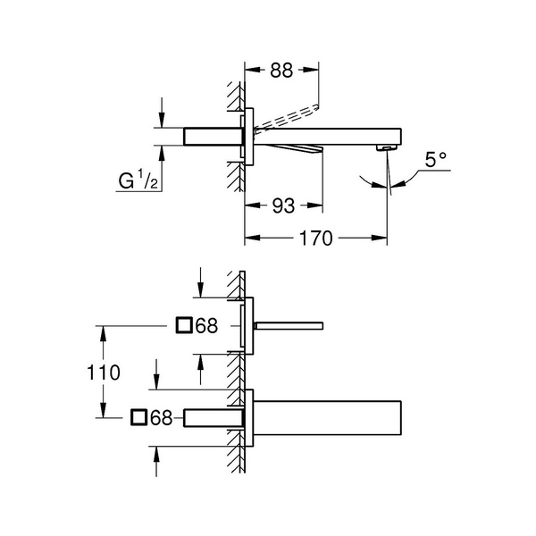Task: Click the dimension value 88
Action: [x=281, y=71]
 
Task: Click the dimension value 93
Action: [x=283, y=205]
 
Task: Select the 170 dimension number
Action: [x=316, y=239]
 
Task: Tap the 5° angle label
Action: [x=436, y=160]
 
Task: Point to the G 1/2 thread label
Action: [x=138, y=180]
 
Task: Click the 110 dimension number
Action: [x=104, y=373]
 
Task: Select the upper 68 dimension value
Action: [x=206, y=325]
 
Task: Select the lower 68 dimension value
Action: [x=162, y=417]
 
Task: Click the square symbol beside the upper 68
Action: [x=184, y=325]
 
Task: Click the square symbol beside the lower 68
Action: [x=138, y=417]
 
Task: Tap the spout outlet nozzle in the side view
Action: [x=387, y=147]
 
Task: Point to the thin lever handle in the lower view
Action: [x=289, y=326]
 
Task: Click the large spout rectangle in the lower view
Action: [x=327, y=418]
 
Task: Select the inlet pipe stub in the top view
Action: [x=214, y=137]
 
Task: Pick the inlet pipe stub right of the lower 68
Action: [x=214, y=418]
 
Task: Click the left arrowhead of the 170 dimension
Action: [x=251, y=238]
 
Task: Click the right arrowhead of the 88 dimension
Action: [x=312, y=70]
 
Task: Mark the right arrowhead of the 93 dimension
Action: [x=316, y=205]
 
